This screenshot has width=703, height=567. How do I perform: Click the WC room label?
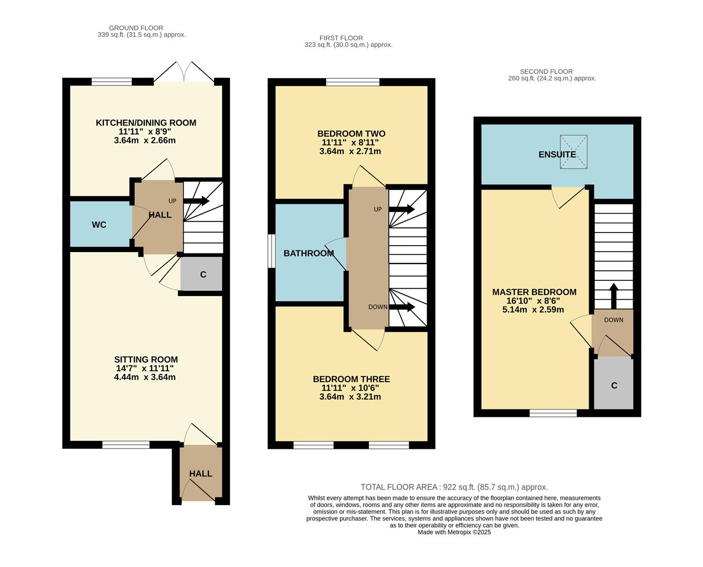coord(99,225)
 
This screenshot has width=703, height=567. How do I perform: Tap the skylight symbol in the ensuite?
coord(573,152)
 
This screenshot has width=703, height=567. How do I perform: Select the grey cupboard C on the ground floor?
coord(202,275)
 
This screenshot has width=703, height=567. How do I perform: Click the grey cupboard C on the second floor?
coord(613,385)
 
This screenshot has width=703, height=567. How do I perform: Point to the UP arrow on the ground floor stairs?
coord(196,201)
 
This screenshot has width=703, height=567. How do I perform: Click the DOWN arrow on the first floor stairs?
coord(402,307)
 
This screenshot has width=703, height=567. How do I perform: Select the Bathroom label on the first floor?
coord(308,254)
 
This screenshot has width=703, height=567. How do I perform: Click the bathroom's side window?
coord(271,251)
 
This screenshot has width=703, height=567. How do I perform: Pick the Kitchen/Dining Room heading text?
coord(146,123)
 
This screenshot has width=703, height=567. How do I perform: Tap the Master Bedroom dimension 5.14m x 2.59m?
coord(533,310)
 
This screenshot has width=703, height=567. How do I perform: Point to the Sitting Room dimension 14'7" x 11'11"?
coord(145,369)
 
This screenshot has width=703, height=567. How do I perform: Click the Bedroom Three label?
coord(351,379)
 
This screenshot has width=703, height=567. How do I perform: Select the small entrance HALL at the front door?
coord(200,474)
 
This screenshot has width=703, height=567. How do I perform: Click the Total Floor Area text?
coord(454,487)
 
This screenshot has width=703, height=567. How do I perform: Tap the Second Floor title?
coord(546,71)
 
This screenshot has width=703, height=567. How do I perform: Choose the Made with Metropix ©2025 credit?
coord(454,532)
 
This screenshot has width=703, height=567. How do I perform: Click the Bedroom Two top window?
coord(352,82)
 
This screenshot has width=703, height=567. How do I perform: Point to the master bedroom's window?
coord(553,413)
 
